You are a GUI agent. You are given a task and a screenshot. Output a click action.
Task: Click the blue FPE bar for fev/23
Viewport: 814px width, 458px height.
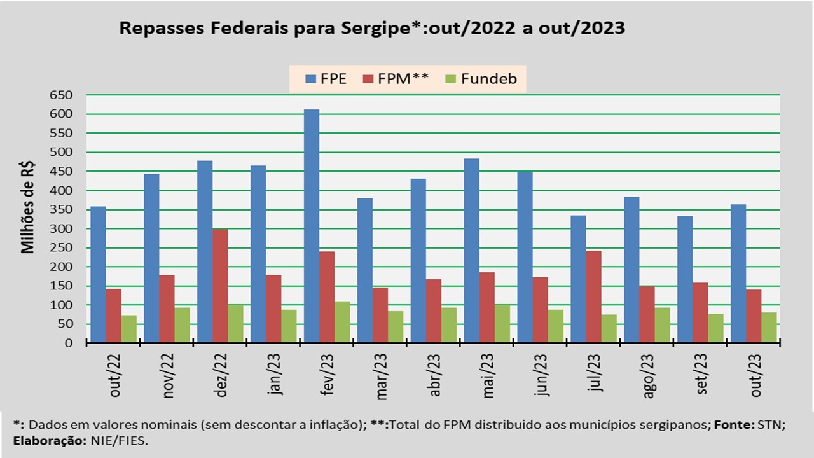tap(311, 226)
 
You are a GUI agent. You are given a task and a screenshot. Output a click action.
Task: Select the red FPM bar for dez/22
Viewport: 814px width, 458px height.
tap(220, 286)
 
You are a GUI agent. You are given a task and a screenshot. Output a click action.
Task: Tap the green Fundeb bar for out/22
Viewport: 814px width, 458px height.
tap(129, 329)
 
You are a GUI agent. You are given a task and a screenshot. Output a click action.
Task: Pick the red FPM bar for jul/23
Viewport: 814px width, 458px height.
tap(593, 296)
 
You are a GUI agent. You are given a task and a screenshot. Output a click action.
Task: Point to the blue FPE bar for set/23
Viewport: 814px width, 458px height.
tap(685, 279)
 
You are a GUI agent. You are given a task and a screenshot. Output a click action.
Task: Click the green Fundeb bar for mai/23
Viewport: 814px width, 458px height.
tap(502, 324)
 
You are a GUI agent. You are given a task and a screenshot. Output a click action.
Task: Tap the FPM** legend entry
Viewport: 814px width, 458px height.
tap(396, 80)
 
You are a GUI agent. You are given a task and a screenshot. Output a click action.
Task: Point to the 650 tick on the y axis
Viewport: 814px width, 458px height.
tap(62, 95)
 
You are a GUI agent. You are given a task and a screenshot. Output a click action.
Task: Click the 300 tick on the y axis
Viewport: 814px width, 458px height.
tap(62, 228)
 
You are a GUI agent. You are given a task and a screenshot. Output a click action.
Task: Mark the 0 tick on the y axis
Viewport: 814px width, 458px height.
tap(68, 343)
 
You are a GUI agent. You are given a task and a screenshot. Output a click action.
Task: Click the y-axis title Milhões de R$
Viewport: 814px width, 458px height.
tap(28, 207)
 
